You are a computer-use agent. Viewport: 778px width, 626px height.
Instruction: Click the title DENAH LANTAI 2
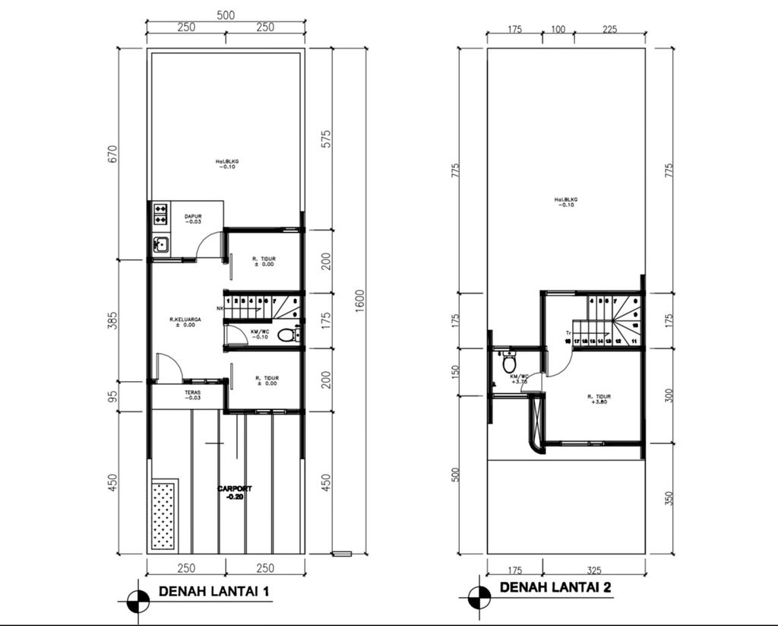555,587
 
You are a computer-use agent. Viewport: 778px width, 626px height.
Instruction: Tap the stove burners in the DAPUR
160,214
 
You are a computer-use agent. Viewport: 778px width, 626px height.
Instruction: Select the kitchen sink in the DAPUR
160,245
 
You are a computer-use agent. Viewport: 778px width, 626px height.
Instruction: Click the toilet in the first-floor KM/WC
286,335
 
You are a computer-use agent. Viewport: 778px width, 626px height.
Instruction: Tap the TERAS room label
192,395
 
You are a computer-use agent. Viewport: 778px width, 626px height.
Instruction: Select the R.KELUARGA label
182,322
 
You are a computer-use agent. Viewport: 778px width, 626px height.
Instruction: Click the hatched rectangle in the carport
165,515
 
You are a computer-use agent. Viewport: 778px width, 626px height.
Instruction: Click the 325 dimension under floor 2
593,568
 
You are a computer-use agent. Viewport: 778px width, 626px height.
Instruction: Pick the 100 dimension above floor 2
558,30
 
